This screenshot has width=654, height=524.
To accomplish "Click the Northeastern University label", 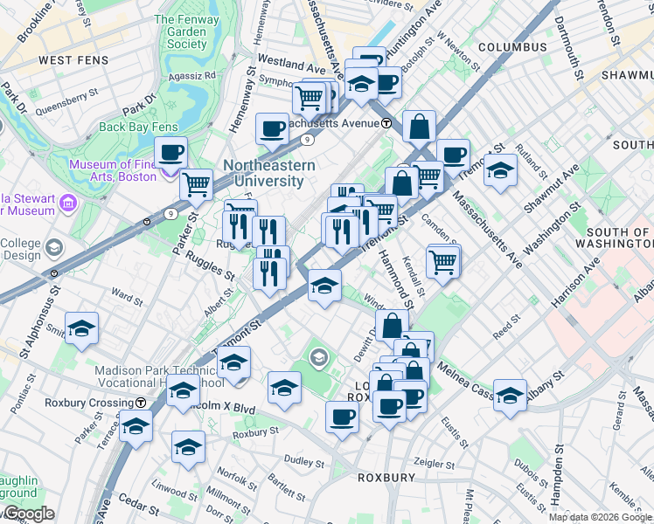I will click(x=263, y=173).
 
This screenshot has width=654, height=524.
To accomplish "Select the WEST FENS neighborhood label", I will click(x=74, y=60).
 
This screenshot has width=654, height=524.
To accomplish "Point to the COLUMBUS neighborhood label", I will click(x=512, y=46).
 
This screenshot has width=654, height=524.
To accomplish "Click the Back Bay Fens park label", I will click(x=138, y=127).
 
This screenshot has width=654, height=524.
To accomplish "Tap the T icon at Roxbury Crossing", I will click(x=140, y=403).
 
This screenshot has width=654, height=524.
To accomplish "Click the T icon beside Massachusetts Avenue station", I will click(x=386, y=123).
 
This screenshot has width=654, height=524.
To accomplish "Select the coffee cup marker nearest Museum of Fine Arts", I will click(x=171, y=153).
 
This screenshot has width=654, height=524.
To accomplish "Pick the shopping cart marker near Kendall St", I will click(x=443, y=260).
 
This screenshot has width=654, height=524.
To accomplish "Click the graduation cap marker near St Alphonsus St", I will click(x=81, y=327).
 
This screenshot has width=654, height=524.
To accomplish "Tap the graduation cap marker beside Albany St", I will click(x=510, y=392).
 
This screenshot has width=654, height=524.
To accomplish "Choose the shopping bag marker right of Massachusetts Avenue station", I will click(x=420, y=126).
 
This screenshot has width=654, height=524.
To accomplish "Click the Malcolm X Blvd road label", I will click(x=219, y=407).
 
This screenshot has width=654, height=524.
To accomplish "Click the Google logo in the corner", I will click(x=28, y=514).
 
